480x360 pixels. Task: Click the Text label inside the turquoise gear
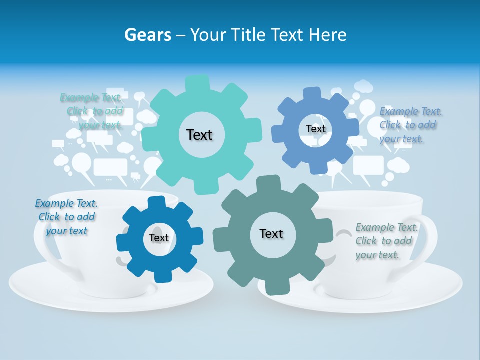(x=199, y=135)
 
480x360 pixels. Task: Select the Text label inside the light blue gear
(x=315, y=129)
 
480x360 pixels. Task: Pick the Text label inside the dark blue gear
(x=159, y=238)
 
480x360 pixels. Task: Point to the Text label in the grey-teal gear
(x=271, y=233)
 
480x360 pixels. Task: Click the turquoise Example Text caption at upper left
(x=93, y=111)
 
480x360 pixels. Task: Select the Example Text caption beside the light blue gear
(x=410, y=125)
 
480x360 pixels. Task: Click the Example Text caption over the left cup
(x=66, y=217)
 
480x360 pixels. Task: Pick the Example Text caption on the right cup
(x=386, y=241)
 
